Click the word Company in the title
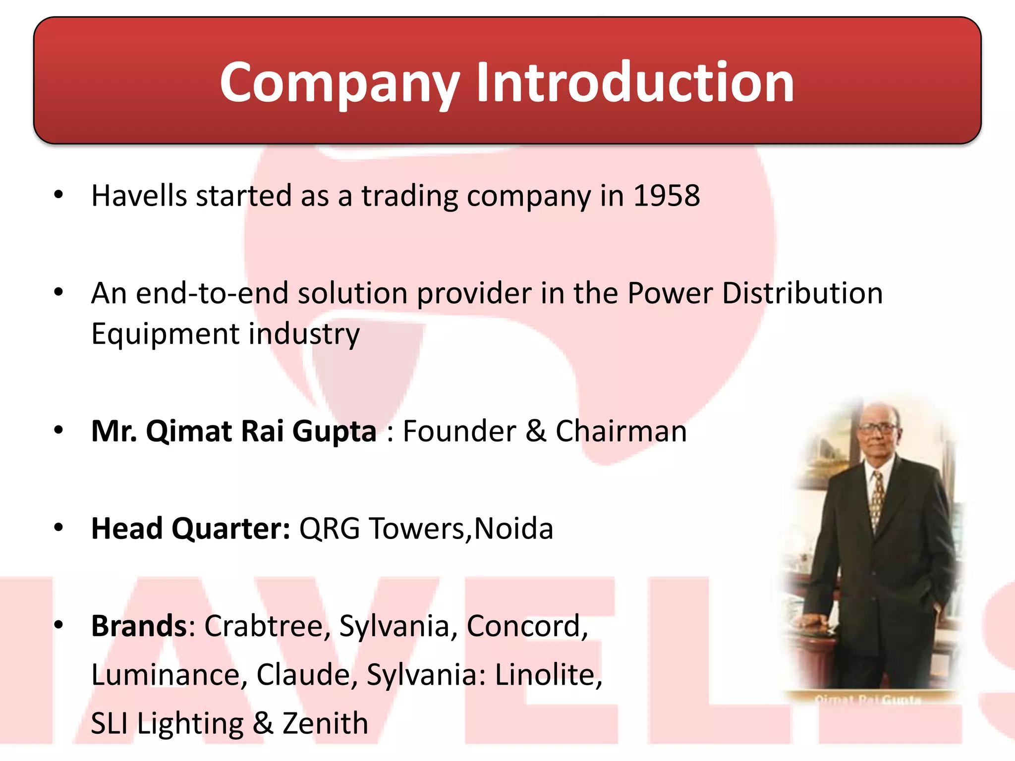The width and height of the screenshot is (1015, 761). pyautogui.click(x=340, y=83)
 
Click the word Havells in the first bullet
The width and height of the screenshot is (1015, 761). pyautogui.click(x=139, y=196)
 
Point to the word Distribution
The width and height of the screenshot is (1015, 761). pyautogui.click(x=802, y=293)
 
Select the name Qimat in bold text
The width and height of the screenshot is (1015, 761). pyautogui.click(x=189, y=431)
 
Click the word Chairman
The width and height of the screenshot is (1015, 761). pyautogui.click(x=621, y=431)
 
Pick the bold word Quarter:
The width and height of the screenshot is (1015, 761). pyautogui.click(x=231, y=529)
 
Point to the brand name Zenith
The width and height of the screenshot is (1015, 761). pyautogui.click(x=325, y=723)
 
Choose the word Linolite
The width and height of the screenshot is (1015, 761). pyautogui.click(x=548, y=675)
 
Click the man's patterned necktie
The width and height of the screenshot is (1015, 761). pyautogui.click(x=878, y=500)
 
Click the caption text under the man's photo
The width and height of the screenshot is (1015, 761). pyautogui.click(x=868, y=700)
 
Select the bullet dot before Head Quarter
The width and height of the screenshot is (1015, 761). pyautogui.click(x=58, y=528)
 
